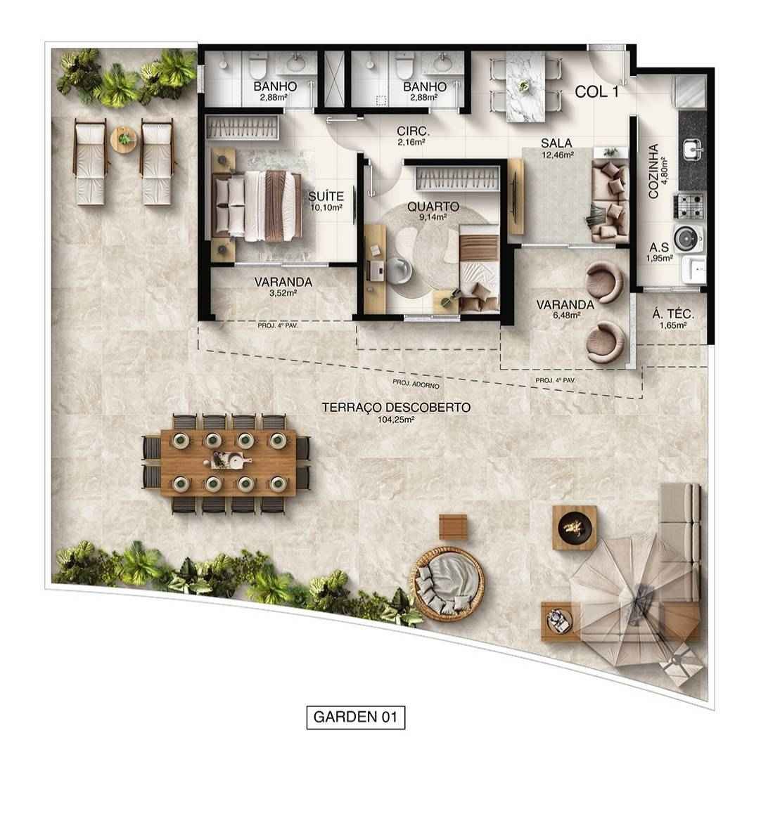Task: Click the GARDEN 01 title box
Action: click(356, 717)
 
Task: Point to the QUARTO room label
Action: click(433, 207)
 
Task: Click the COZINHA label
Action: click(653, 171)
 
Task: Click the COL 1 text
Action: click(596, 91)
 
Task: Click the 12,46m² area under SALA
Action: click(556, 155)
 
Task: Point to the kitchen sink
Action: click(691, 148)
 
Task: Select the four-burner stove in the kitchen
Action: click(689, 205)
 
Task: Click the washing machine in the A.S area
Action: click(686, 238)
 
